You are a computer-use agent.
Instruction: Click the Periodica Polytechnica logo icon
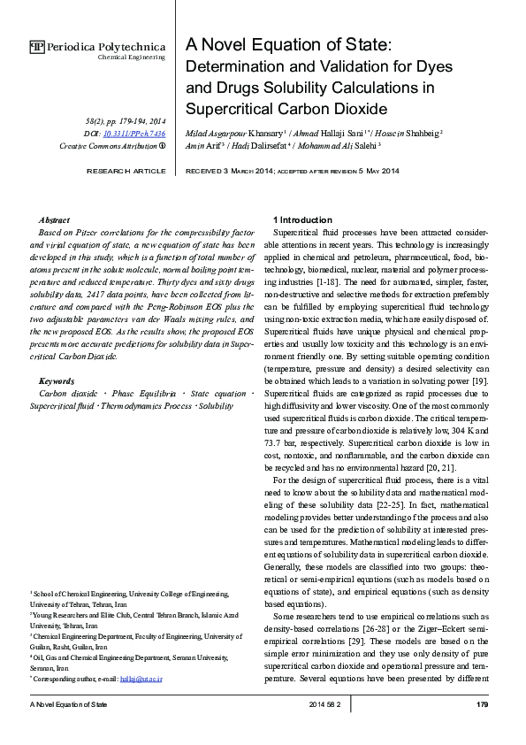tap(36, 47)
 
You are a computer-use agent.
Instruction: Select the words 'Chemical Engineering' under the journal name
tap(131, 58)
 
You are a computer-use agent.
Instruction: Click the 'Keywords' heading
tap(57, 380)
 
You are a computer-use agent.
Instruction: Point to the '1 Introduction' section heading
tap(302, 219)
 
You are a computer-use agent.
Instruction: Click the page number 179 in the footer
tap(482, 704)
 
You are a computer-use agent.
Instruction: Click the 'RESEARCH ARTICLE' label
tap(125, 171)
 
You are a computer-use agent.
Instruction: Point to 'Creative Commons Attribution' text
tap(107, 146)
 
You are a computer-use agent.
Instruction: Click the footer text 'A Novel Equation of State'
tap(69, 704)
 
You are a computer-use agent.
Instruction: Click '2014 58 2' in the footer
tap(330, 704)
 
